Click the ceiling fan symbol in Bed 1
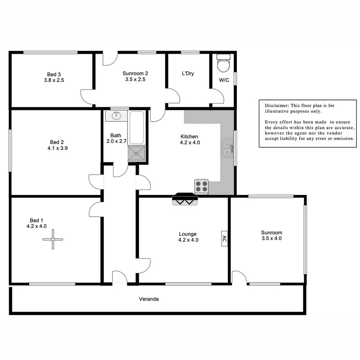click(x=53, y=239)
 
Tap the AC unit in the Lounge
click(x=224, y=239)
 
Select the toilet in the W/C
click(x=223, y=64)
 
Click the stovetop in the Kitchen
click(x=201, y=187)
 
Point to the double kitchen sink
click(x=227, y=148)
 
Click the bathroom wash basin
click(x=116, y=116)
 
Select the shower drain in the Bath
click(x=137, y=153)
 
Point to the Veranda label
click(x=149, y=299)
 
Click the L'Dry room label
click(x=188, y=73)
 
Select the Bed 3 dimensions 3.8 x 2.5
click(x=54, y=80)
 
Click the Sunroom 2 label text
click(x=135, y=73)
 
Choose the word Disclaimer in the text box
click(x=275, y=105)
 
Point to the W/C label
click(x=224, y=80)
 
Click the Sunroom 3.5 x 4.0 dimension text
click(x=271, y=238)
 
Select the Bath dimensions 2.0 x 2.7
click(x=116, y=141)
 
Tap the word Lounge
click(x=188, y=234)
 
